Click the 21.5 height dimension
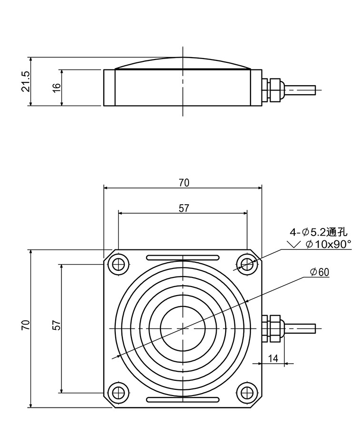(x=25, y=82)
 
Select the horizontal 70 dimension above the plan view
(x=184, y=183)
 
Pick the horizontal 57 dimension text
(x=184, y=208)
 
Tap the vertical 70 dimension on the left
(x=25, y=325)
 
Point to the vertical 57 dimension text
(x=56, y=325)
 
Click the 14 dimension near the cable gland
(x=273, y=358)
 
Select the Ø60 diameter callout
(x=320, y=272)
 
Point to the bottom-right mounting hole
(x=246, y=392)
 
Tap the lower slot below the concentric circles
(x=183, y=400)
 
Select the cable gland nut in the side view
(x=274, y=90)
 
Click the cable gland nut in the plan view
(x=274, y=328)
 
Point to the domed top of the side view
(x=182, y=58)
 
